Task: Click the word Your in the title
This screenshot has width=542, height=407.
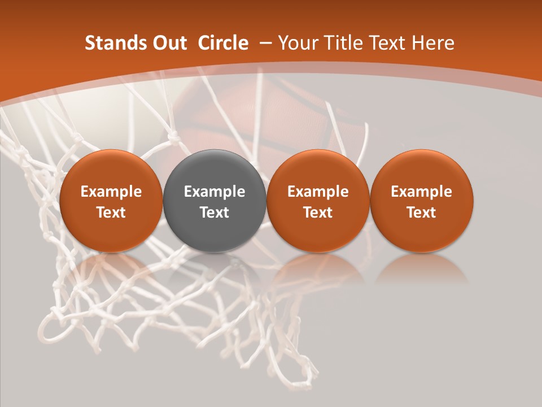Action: point(298,43)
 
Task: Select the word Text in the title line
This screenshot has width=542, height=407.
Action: point(385,43)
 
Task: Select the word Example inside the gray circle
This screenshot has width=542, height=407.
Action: point(215,192)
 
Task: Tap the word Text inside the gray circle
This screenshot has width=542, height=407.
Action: point(215,213)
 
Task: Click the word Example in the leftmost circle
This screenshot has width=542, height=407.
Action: point(111,192)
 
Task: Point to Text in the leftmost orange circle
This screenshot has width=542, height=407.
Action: point(111,213)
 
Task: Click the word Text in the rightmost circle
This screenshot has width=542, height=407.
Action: point(421,213)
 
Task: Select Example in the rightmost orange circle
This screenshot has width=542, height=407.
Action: point(421,192)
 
